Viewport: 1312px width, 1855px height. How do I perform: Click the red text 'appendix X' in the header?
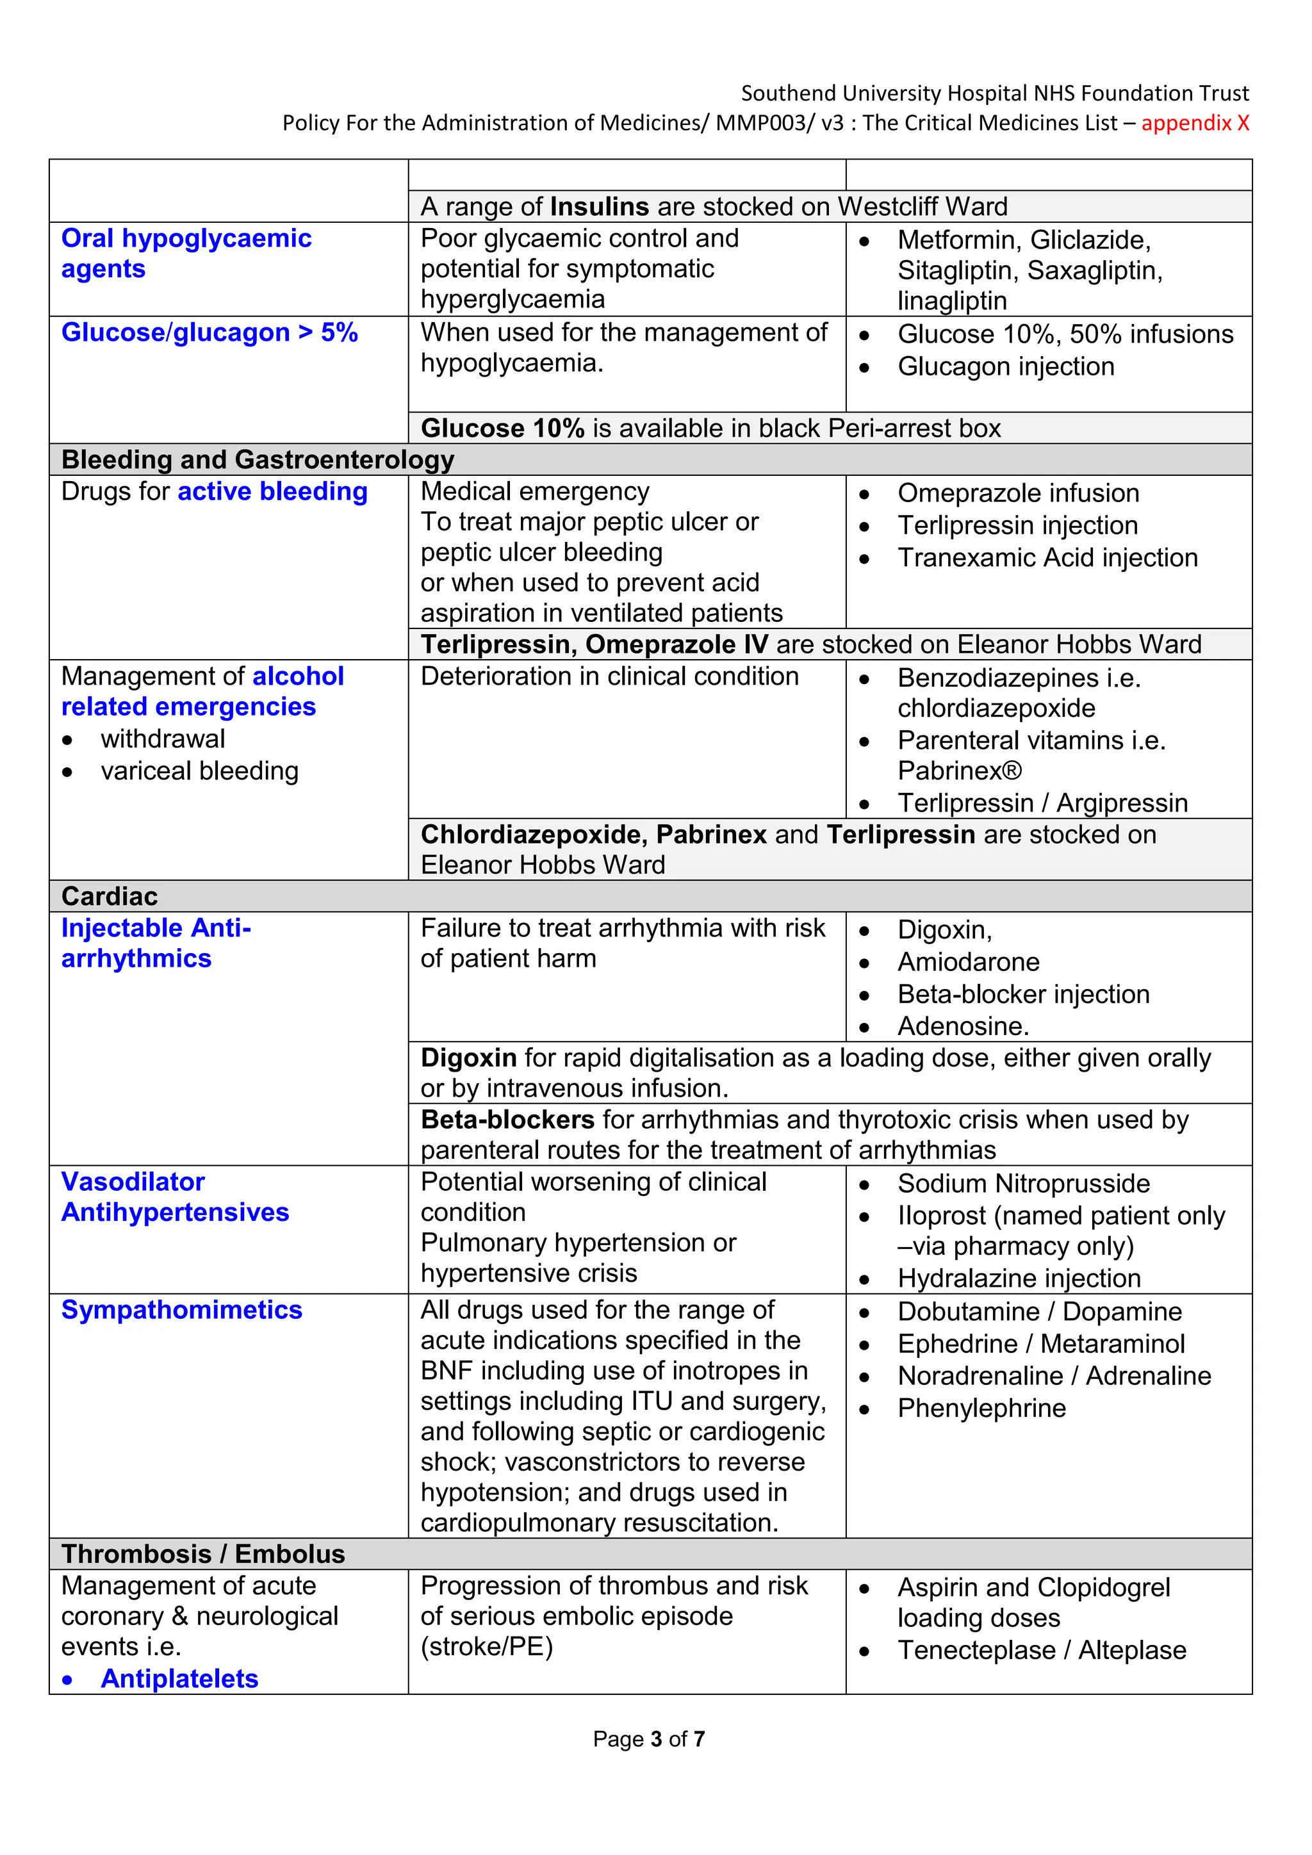click(x=1195, y=123)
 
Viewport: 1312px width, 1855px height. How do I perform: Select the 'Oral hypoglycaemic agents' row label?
click(x=186, y=253)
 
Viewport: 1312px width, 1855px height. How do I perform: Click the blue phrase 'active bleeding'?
click(x=272, y=491)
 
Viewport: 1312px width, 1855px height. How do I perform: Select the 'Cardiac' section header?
click(x=110, y=896)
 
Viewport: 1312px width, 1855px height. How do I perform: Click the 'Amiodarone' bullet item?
click(x=968, y=961)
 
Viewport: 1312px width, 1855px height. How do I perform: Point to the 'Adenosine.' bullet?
click(x=963, y=1026)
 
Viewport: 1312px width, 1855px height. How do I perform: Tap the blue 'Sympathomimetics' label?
click(x=182, y=1310)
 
